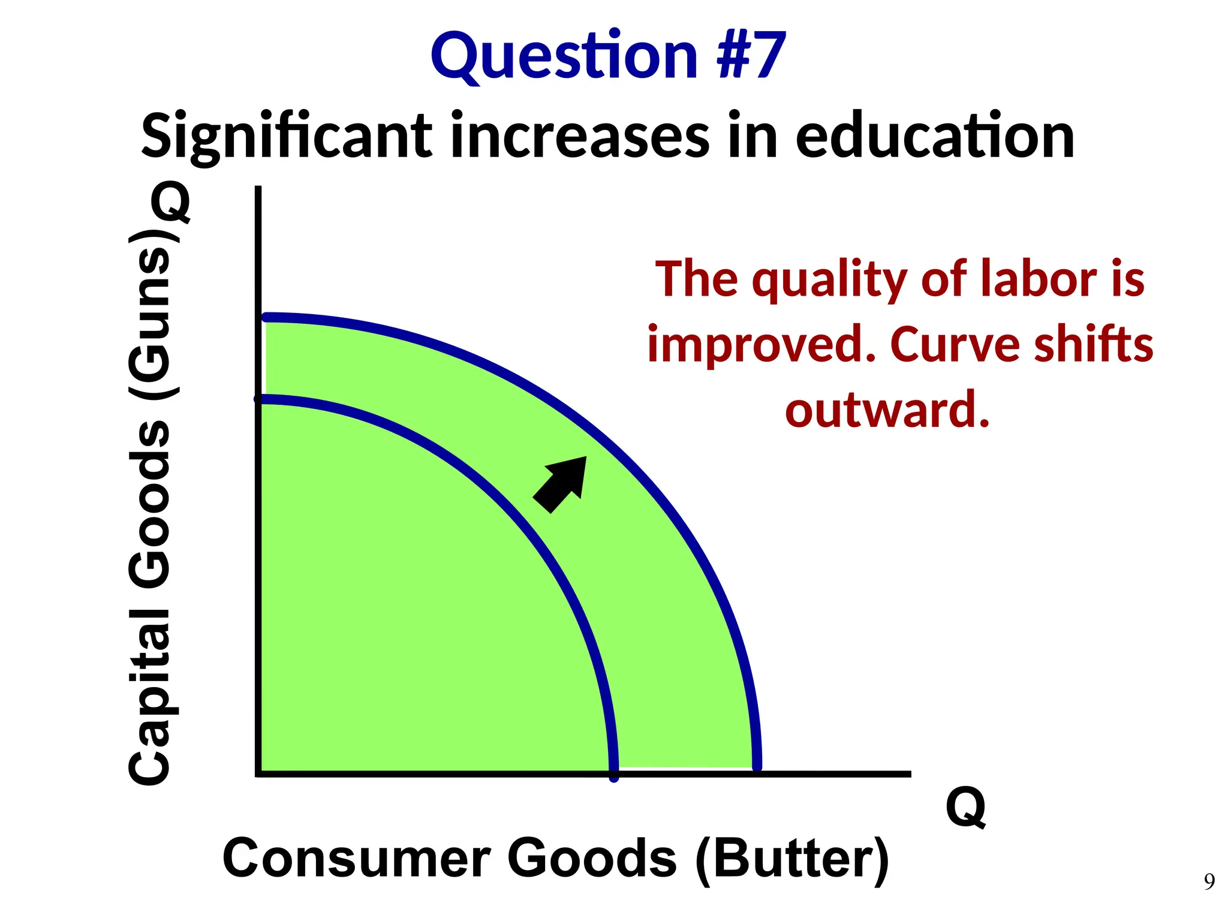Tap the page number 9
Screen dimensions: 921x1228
coord(1209,881)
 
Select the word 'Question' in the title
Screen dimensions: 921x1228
coord(564,57)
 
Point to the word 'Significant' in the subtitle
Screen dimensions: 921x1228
coord(287,138)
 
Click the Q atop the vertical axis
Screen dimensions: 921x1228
coord(171,202)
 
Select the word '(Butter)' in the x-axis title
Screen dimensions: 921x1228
coord(793,859)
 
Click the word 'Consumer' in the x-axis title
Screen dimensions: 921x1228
coord(357,859)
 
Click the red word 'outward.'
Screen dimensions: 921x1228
coord(887,410)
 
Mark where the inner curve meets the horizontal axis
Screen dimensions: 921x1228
coord(613,773)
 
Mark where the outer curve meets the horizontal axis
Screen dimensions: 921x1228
coord(757,767)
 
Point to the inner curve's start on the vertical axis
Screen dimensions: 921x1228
coord(259,399)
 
